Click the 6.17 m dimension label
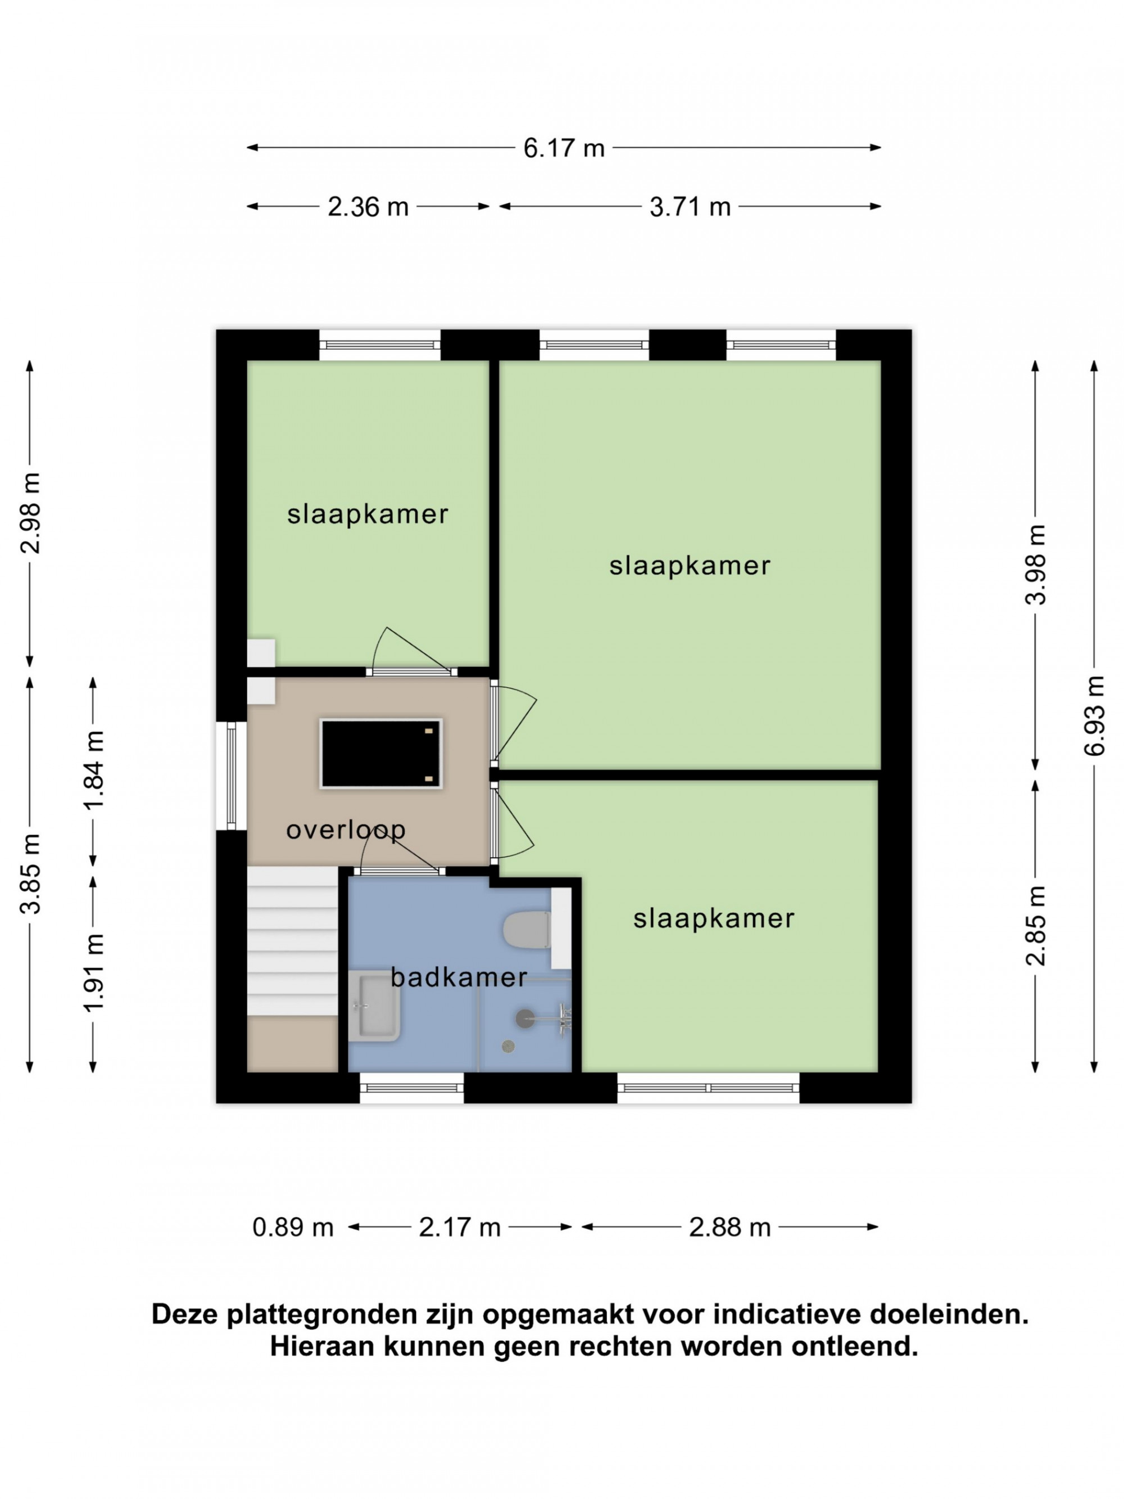(563, 148)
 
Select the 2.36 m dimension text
(368, 207)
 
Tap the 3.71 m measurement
(690, 207)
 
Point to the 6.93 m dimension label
(1094, 715)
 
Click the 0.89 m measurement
(293, 1228)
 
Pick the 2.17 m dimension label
(459, 1228)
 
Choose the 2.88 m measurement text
(729, 1228)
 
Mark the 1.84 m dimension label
(93, 770)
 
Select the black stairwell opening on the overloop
(381, 754)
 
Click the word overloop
(346, 830)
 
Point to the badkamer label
(459, 977)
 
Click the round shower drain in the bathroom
(508, 1047)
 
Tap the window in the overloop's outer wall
(231, 776)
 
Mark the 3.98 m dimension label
(1035, 564)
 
